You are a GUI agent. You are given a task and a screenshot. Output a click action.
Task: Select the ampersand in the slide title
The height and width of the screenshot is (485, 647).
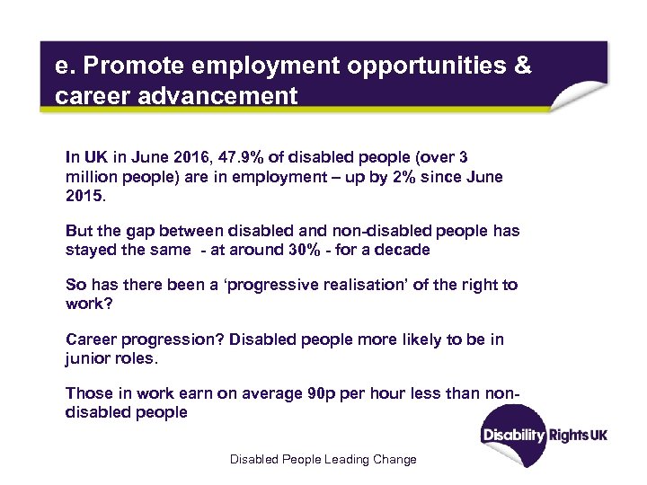pyautogui.click(x=520, y=66)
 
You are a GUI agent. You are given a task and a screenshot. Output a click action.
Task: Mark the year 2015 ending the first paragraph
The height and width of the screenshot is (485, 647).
pyautogui.click(x=84, y=195)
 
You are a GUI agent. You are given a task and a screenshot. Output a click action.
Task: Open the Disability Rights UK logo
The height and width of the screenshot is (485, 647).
pyautogui.click(x=545, y=435)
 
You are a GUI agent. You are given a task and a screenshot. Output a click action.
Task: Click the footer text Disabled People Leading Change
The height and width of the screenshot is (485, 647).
pyautogui.click(x=323, y=459)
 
